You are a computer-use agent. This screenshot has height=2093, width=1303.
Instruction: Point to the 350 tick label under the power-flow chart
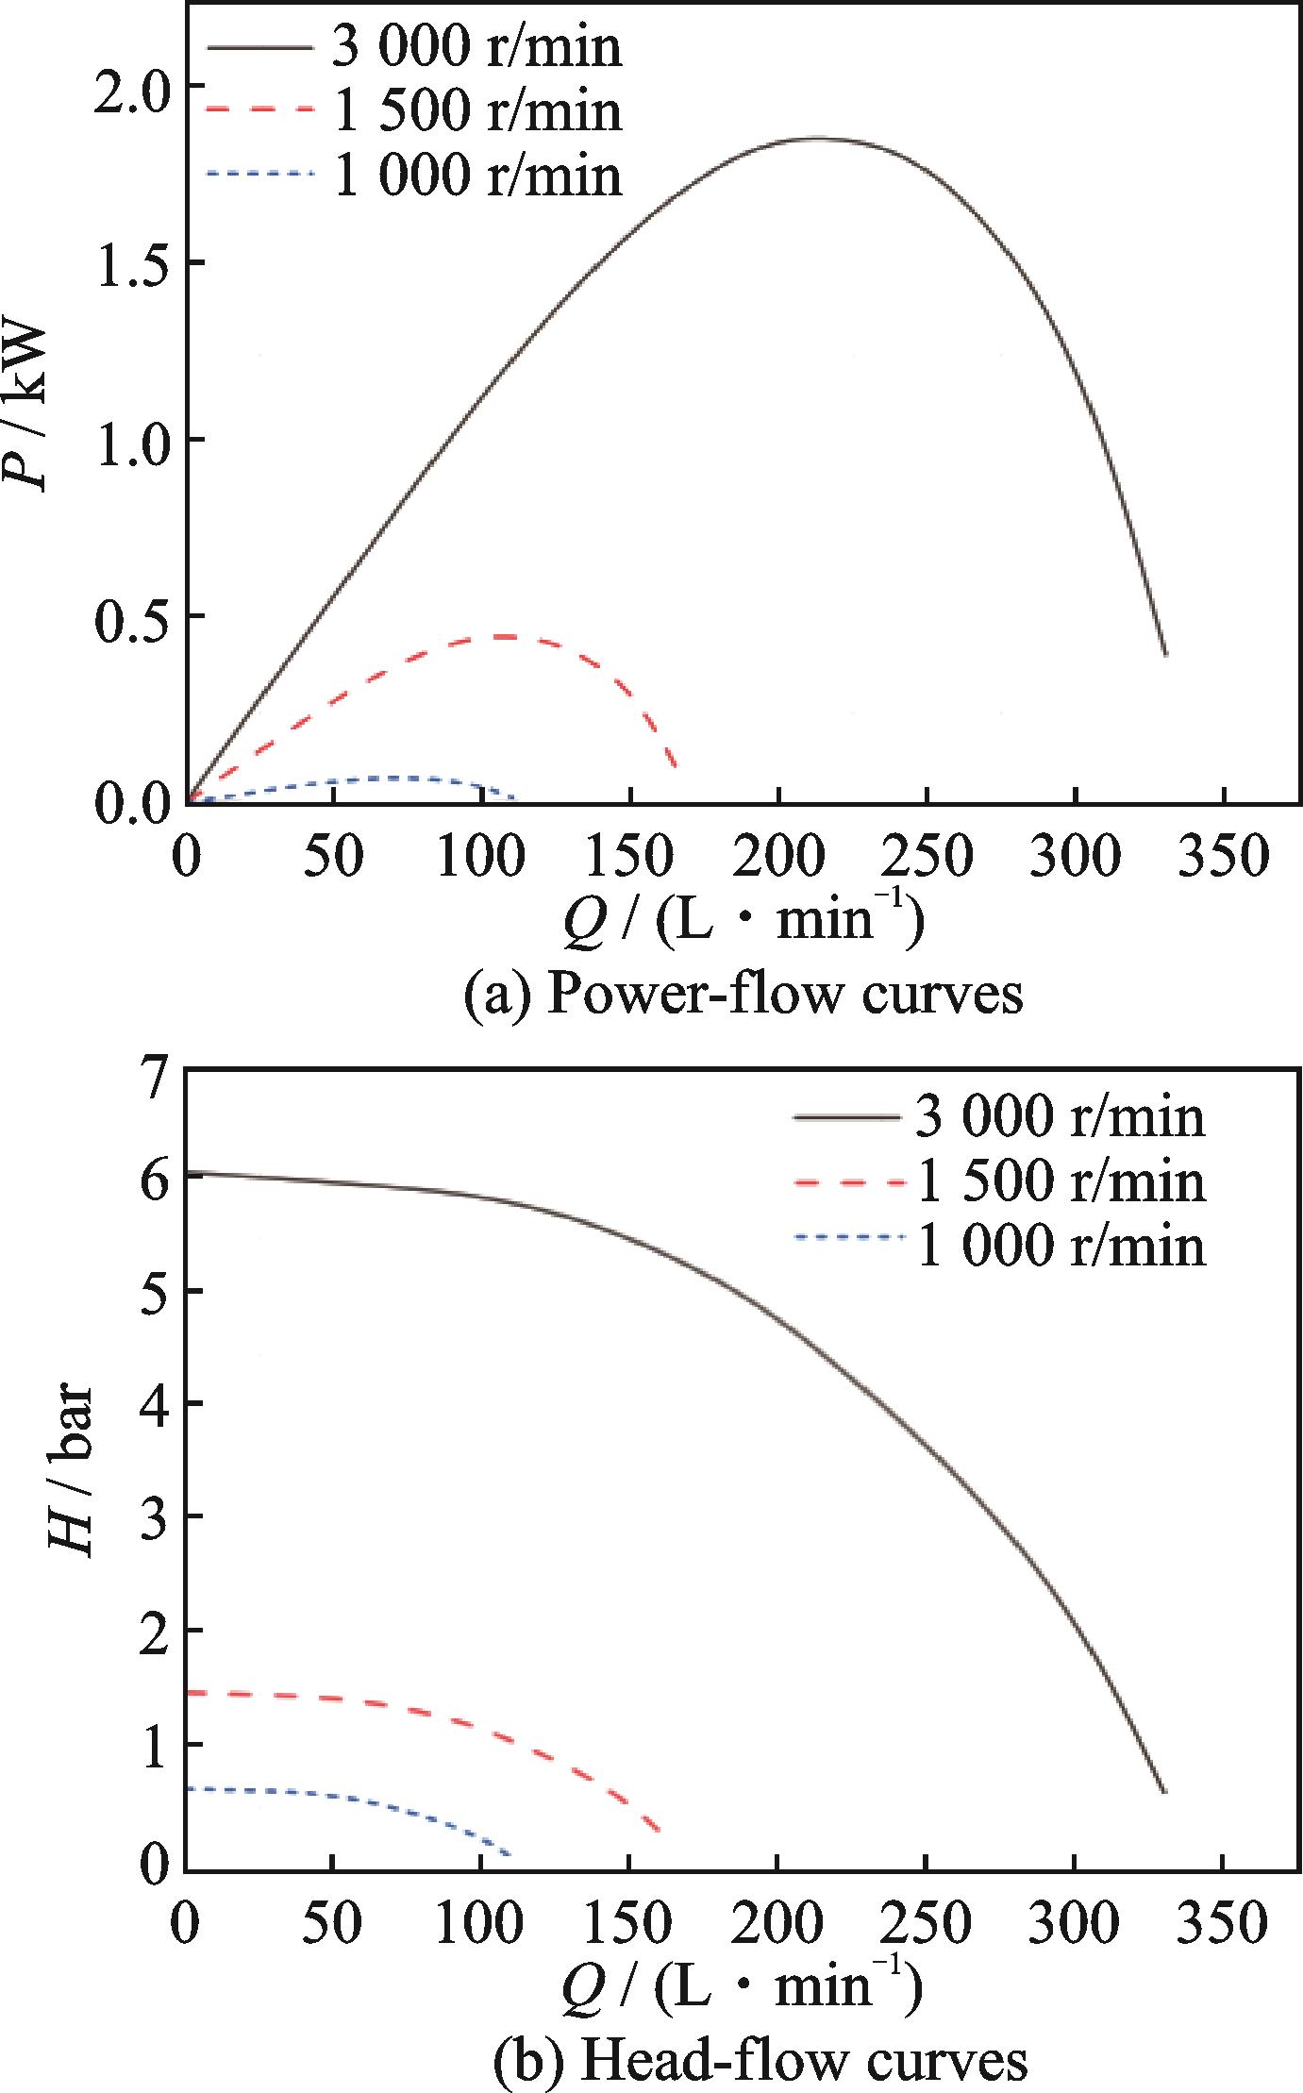[1224, 857]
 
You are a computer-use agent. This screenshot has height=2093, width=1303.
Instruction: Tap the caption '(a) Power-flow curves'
[743, 994]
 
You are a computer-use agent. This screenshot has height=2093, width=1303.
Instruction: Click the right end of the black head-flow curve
[1165, 1793]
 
